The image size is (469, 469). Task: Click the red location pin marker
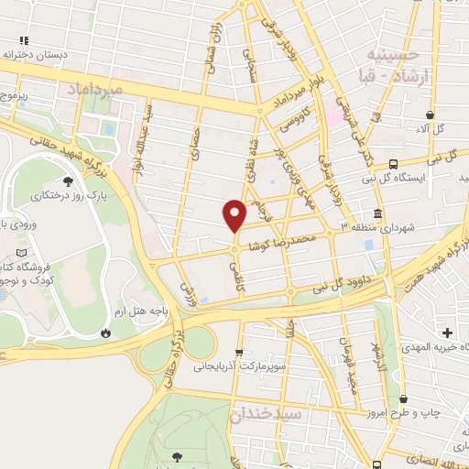(235, 215)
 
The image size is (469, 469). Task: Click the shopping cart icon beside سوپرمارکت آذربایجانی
(239, 350)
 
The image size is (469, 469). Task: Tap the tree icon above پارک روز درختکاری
(70, 180)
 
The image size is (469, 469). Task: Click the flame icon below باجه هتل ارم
(107, 332)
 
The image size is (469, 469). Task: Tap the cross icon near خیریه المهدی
(448, 332)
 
